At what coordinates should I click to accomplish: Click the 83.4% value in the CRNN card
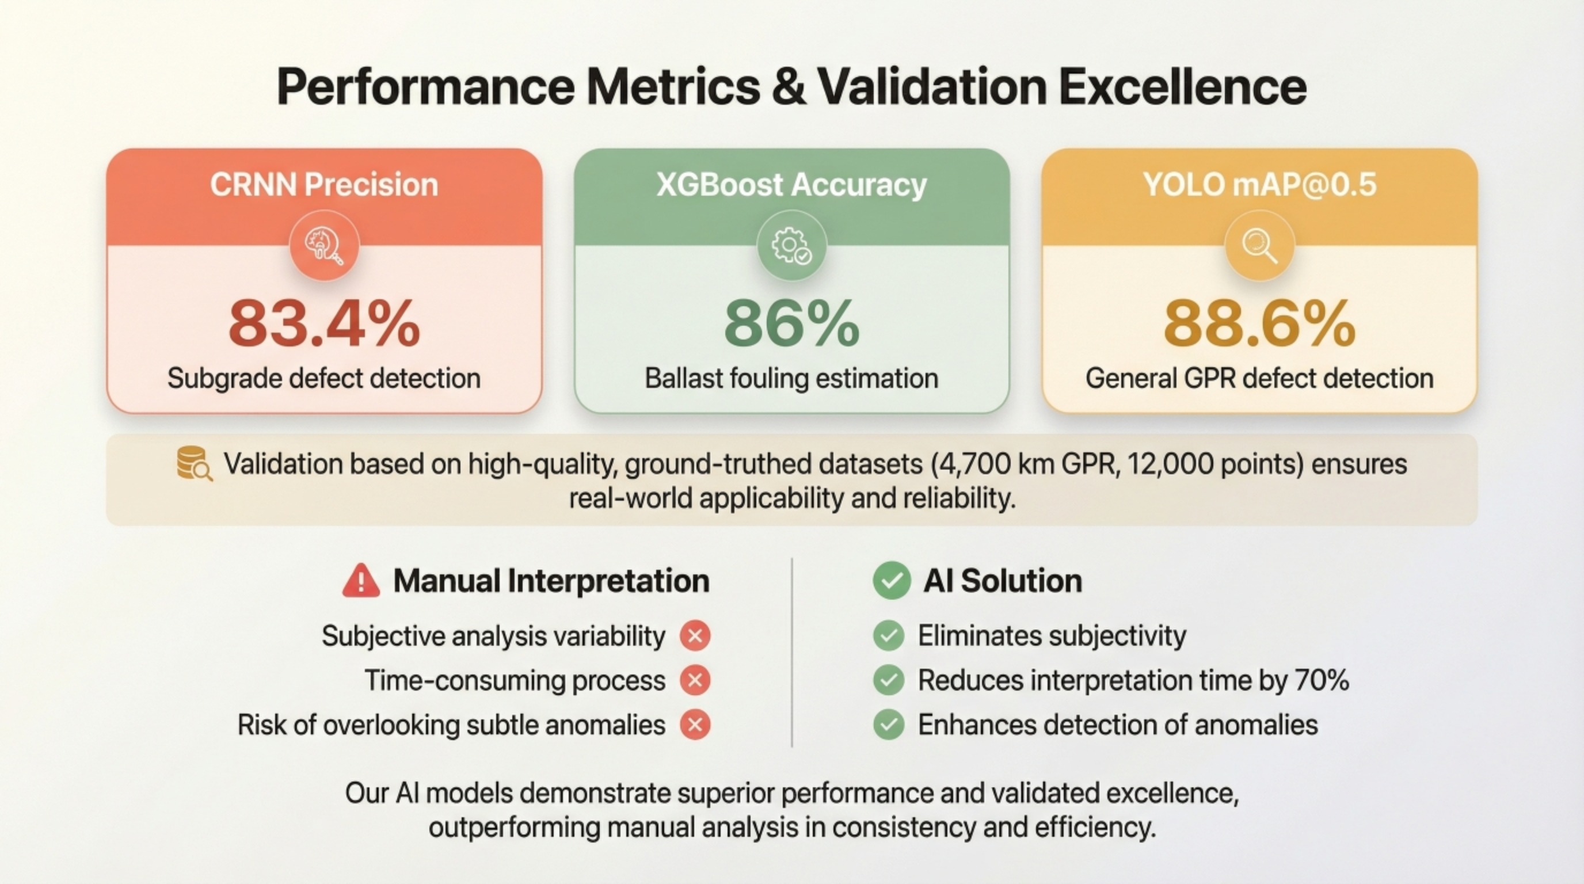pyautogui.click(x=324, y=324)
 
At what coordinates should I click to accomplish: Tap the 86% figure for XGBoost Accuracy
pyautogui.click(x=791, y=324)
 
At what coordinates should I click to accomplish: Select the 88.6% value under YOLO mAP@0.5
pyautogui.click(x=1259, y=324)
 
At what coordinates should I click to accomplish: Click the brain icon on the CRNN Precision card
pyautogui.click(x=324, y=246)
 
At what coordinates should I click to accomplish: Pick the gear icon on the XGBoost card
pyautogui.click(x=791, y=246)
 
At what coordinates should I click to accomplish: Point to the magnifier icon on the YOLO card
pyautogui.click(x=1259, y=246)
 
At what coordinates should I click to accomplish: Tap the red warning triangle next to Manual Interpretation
pyautogui.click(x=361, y=581)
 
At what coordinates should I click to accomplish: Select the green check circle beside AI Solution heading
pyautogui.click(x=892, y=581)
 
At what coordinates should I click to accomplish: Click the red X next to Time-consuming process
pyautogui.click(x=695, y=680)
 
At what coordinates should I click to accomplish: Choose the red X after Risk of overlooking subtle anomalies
pyautogui.click(x=695, y=725)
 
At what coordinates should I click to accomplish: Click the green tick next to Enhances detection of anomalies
pyautogui.click(x=889, y=725)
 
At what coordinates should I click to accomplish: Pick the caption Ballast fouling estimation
pyautogui.click(x=791, y=378)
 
